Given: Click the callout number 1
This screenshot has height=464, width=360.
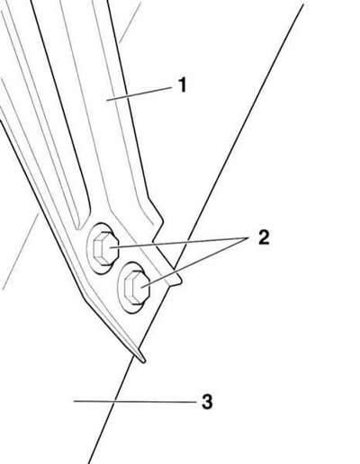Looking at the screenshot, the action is [x=182, y=85].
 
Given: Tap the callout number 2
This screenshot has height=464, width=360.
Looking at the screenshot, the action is [x=264, y=237].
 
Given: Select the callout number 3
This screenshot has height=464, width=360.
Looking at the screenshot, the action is [x=207, y=401].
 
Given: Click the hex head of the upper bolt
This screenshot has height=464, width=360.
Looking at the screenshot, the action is [x=103, y=248].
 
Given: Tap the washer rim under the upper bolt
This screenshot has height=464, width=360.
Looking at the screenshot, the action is [x=88, y=249].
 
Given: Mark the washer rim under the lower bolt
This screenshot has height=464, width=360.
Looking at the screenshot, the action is [x=119, y=287].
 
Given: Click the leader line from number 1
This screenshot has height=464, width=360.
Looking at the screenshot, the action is [x=139, y=94].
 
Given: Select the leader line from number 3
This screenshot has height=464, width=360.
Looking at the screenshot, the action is [x=134, y=401].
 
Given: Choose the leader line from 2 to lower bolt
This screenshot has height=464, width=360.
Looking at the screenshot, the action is [x=195, y=263].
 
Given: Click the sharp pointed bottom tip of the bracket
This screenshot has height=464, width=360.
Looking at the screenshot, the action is [x=144, y=361].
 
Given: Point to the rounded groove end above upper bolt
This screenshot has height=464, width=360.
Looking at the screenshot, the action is [x=80, y=228].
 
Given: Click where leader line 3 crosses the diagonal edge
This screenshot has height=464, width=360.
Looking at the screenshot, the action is [x=114, y=401].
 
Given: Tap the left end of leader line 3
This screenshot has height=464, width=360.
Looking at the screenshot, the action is [x=74, y=401].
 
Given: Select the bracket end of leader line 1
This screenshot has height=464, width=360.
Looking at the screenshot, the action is [x=107, y=101].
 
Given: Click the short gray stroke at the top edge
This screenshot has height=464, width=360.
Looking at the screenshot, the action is [x=130, y=22].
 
